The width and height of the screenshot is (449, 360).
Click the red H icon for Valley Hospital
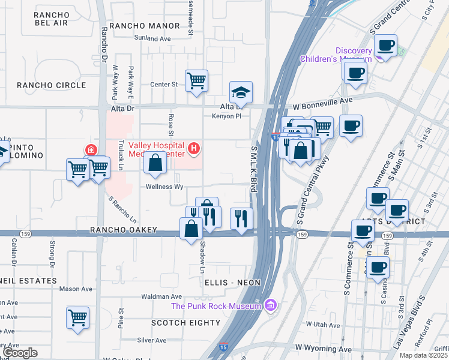pyautogui.click(x=193, y=148)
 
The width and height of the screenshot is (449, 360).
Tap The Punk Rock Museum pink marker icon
pyautogui.click(x=270, y=306)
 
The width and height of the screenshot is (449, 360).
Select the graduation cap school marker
pyautogui.click(x=241, y=92)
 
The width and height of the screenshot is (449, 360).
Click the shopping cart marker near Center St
pyautogui.click(x=197, y=80)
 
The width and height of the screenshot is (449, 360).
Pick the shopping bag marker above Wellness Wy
pyautogui.click(x=155, y=163)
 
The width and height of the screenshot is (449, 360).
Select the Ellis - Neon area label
pyautogui.click(x=231, y=281)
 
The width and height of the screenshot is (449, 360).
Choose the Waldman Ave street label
pyautogui.click(x=161, y=297)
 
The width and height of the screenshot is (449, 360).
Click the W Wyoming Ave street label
pyautogui.click(x=324, y=349)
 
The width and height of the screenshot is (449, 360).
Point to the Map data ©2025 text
pyautogui.click(x=423, y=355)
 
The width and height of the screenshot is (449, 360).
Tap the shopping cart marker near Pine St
pyautogui.click(x=78, y=317)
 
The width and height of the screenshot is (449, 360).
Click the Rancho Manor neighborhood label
pyautogui.click(x=145, y=26)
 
